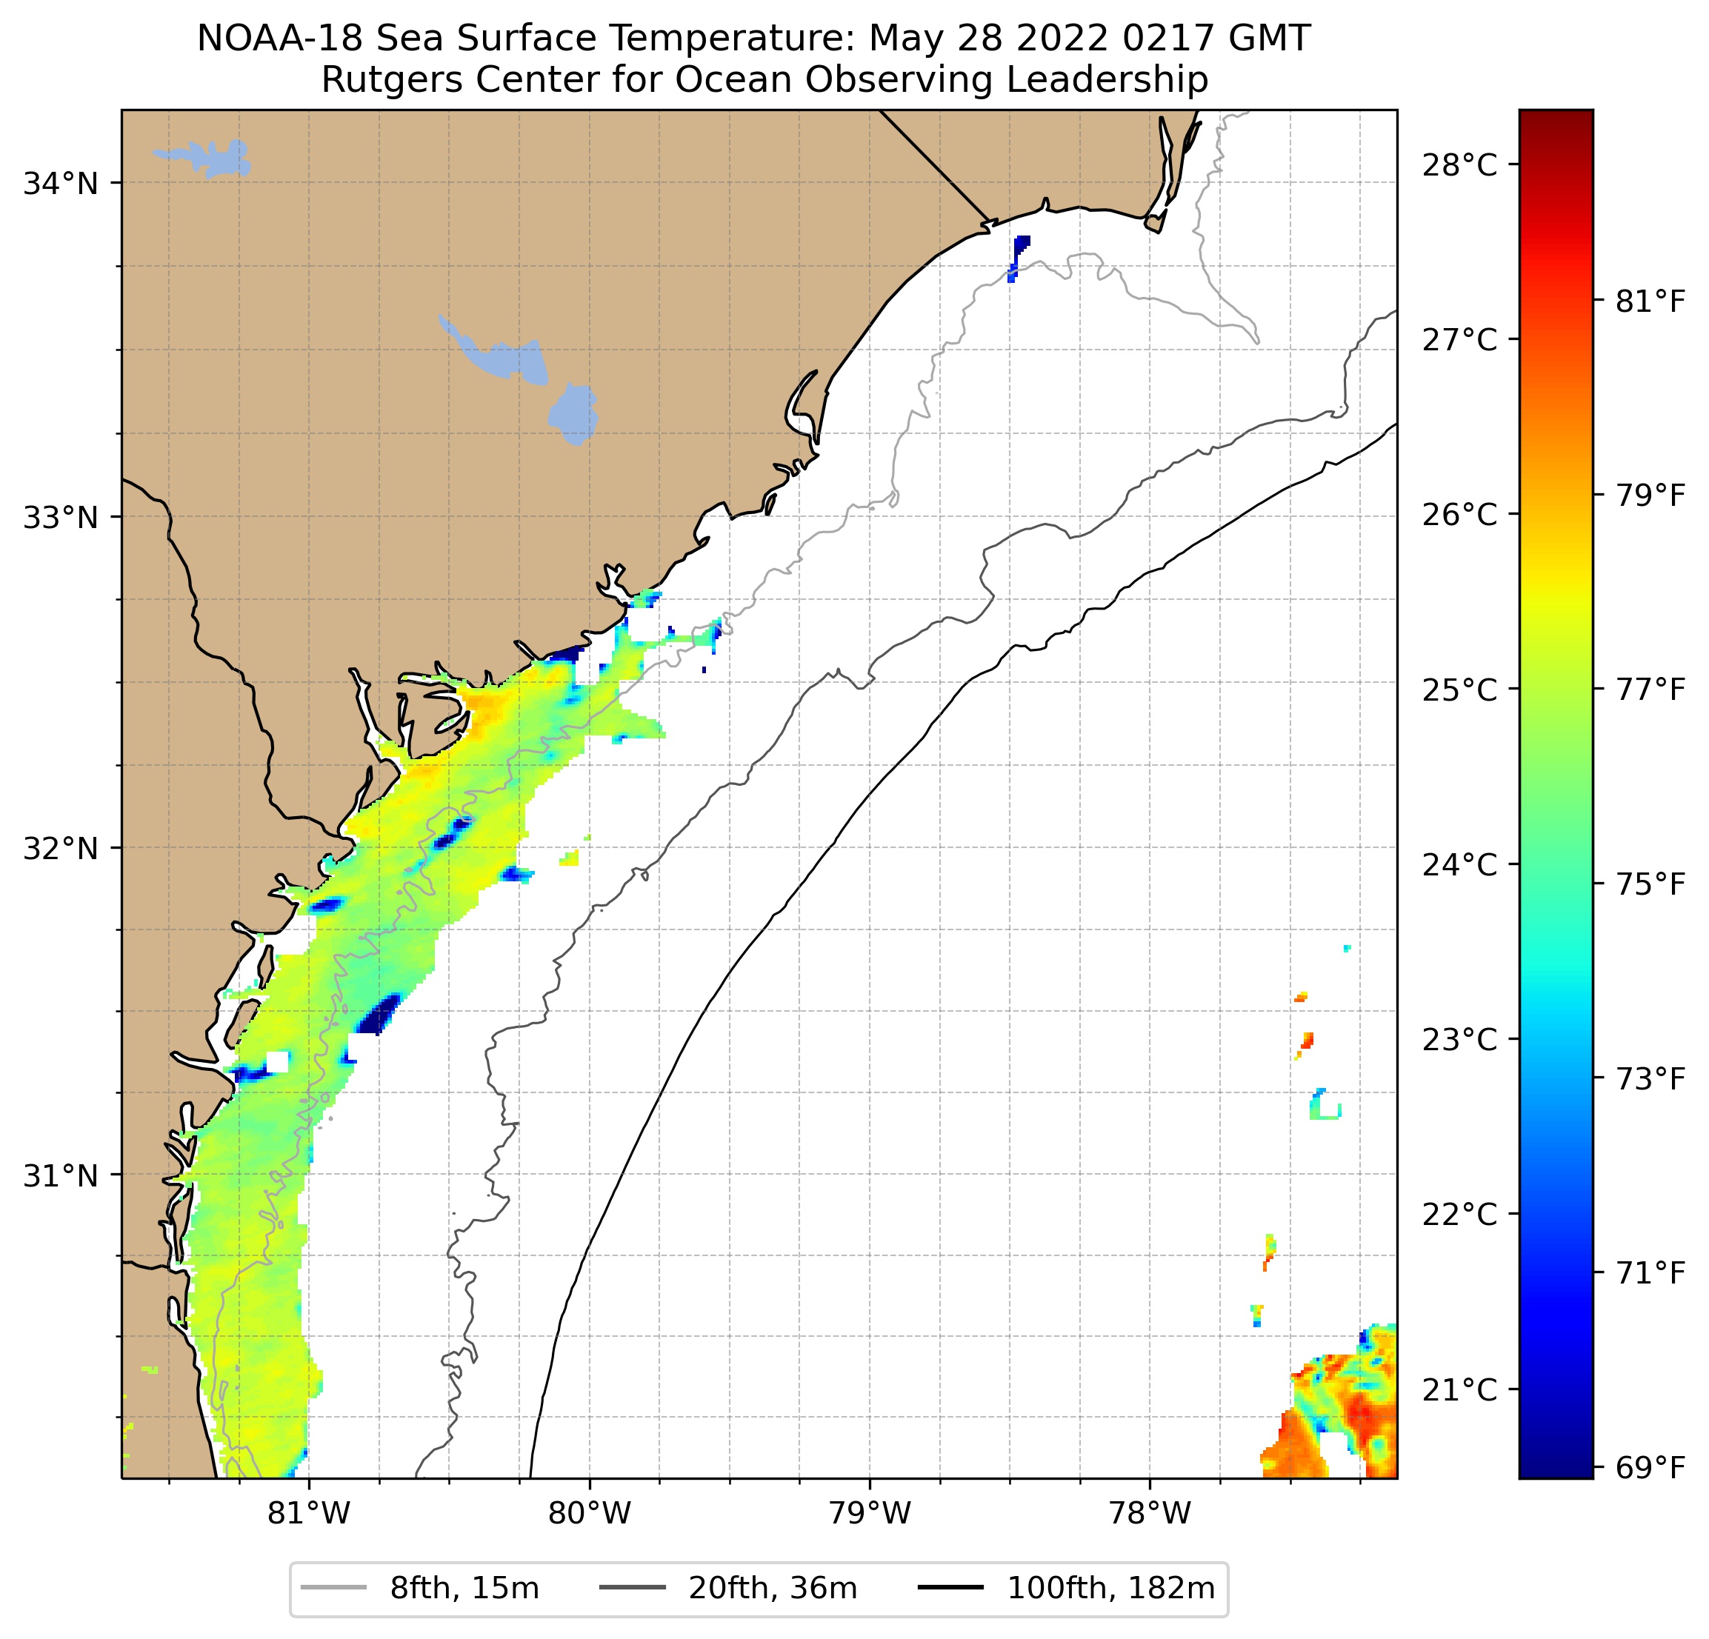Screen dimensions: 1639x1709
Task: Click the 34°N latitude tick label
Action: (60, 184)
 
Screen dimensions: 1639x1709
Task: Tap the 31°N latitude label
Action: (60, 1176)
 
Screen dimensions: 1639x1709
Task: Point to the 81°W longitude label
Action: (309, 1513)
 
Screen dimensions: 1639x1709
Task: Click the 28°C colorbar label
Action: (1459, 164)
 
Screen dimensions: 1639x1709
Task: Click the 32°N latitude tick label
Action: (60, 848)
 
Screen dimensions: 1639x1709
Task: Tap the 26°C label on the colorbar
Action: (1459, 515)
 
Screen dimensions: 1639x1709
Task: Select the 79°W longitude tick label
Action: (870, 1513)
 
